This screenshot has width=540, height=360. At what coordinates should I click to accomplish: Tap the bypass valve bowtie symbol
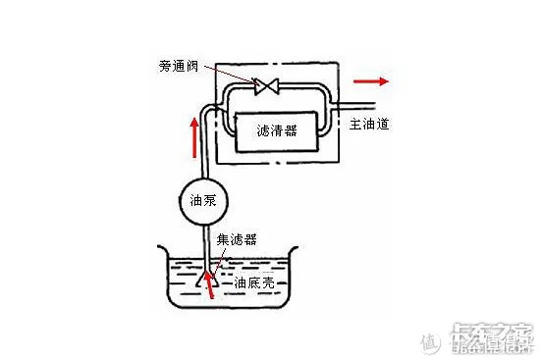tap(264, 87)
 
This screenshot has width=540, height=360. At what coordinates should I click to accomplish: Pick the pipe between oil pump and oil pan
tap(203, 240)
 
